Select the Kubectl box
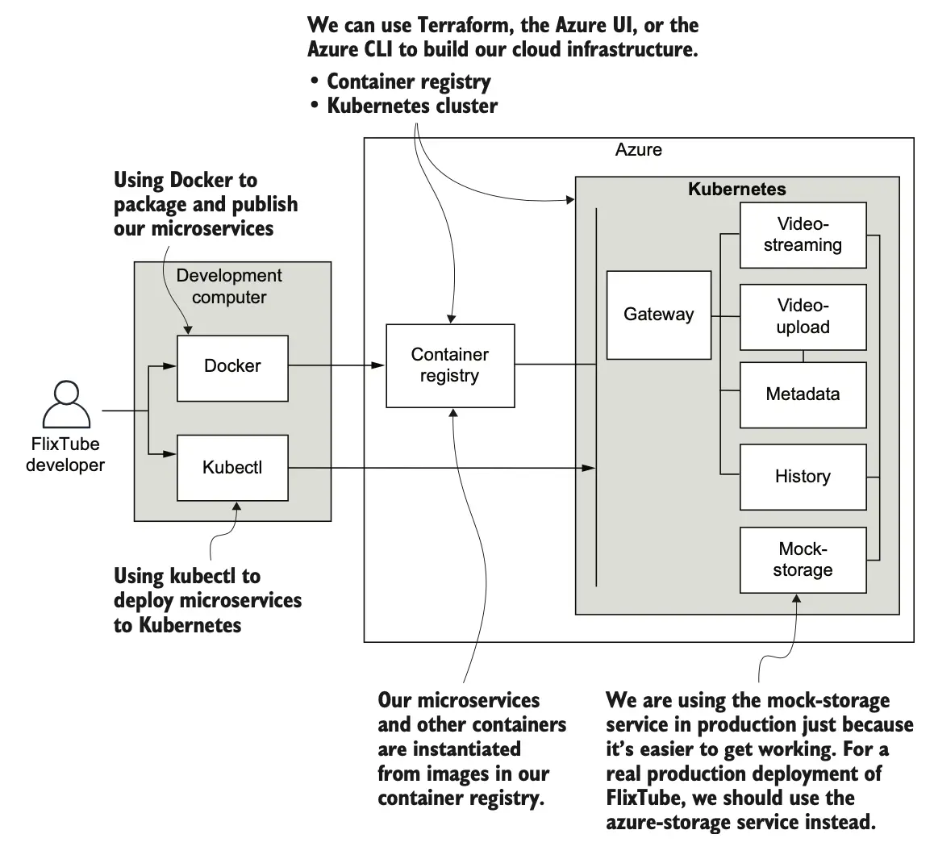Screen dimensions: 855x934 click(x=232, y=467)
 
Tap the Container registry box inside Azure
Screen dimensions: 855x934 click(x=450, y=365)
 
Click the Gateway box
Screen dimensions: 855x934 click(x=658, y=315)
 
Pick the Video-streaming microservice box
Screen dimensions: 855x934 click(x=803, y=235)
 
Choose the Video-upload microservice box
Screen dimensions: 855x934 click(x=803, y=316)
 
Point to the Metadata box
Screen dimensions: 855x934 click(x=803, y=394)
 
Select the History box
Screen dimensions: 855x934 click(x=803, y=476)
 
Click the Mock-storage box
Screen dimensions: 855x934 click(x=803, y=560)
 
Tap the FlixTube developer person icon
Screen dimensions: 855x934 click(x=66, y=407)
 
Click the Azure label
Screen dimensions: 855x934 click(x=638, y=150)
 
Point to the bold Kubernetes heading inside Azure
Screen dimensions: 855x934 click(x=736, y=190)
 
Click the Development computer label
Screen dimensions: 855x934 click(x=229, y=286)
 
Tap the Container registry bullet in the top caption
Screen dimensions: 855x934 click(x=408, y=81)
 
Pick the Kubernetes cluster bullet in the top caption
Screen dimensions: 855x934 click(x=411, y=106)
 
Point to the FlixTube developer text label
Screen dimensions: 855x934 click(x=65, y=455)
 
